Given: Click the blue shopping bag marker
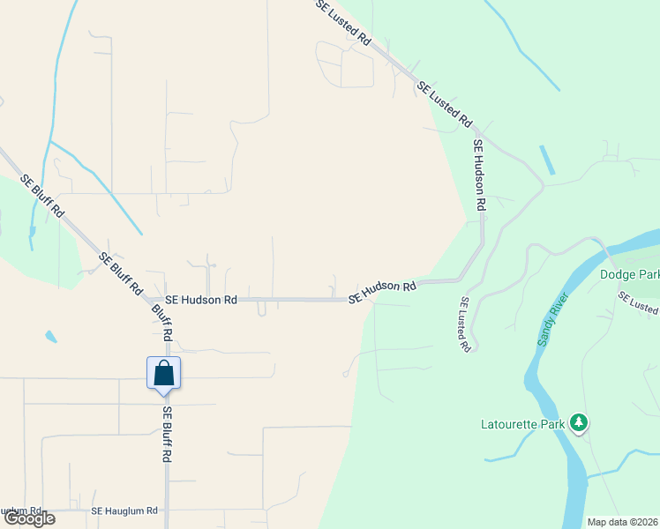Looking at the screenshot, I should pos(164,374).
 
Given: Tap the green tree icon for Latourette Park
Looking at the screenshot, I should pos(579,424).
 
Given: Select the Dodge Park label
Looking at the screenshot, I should pos(629,274).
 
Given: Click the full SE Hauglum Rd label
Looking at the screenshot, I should pos(124,511).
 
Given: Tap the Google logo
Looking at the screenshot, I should pos(29,518).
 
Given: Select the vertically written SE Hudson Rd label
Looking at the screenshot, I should pos(479,175).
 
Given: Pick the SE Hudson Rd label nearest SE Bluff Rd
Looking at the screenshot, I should pos(201,300).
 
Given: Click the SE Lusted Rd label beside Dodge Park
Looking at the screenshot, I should pos(637,303).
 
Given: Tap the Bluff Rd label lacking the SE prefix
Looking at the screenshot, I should pos(161,324).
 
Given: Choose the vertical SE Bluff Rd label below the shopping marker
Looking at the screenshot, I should pos(166,435).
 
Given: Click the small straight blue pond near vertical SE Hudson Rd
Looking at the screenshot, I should pos(546,160).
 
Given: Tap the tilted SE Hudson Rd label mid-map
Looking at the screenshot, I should pos(382,292).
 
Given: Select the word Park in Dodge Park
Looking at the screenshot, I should pos(648,274).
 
